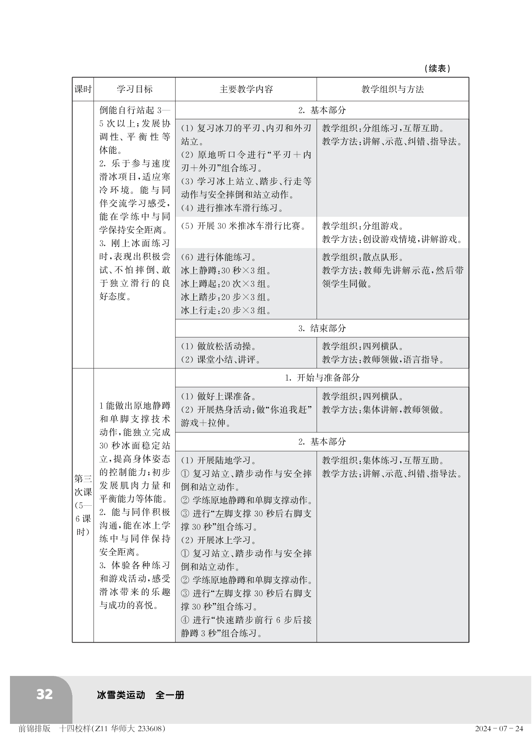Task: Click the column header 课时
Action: (83, 89)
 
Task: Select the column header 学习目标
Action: (134, 89)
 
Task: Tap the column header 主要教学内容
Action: (246, 89)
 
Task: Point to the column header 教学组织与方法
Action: (392, 89)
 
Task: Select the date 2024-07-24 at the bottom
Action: (499, 728)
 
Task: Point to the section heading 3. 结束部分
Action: (322, 328)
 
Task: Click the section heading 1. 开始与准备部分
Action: (322, 378)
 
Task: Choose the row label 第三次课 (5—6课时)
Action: (83, 505)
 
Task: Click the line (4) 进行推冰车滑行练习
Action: (233, 208)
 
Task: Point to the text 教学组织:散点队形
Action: (363, 257)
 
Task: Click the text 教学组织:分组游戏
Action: (363, 226)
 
